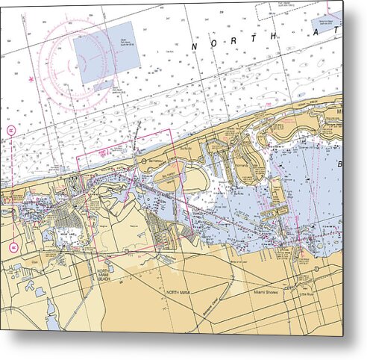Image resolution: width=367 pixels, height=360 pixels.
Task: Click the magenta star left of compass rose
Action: (31, 78)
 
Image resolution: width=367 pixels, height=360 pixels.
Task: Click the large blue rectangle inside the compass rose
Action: (107, 51)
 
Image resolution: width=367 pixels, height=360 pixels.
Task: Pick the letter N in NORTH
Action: (195, 47)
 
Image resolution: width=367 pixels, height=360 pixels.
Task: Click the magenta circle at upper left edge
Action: (12, 130)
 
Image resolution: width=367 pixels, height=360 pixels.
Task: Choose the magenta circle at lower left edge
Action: (14, 246)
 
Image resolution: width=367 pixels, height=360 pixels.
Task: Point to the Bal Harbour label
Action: (155, 160)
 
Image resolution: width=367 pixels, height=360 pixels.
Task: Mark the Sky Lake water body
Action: (65, 232)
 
